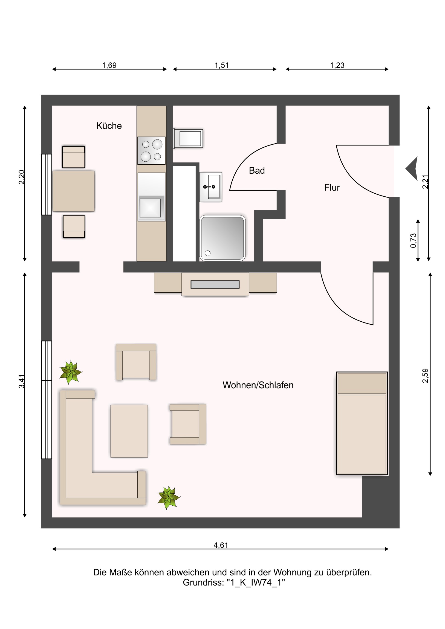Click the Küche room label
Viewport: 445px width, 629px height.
(109, 126)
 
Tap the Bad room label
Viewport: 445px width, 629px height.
(257, 170)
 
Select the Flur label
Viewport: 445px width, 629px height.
(332, 187)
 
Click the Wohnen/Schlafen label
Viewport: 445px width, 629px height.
(258, 385)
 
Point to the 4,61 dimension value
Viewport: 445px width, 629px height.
(221, 545)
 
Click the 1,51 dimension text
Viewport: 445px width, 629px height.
(221, 65)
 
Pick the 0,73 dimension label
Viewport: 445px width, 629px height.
(413, 241)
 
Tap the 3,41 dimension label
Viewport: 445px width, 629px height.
(21, 381)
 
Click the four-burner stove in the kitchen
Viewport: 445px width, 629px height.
(151, 151)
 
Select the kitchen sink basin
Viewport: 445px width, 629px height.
(150, 208)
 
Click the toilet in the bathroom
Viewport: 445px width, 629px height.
(188, 139)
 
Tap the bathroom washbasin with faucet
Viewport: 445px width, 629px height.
(210, 187)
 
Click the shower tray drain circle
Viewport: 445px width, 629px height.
(207, 253)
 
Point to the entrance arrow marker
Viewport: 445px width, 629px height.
(411, 169)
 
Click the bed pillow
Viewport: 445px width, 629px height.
(362, 383)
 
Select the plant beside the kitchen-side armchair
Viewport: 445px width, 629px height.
(71, 372)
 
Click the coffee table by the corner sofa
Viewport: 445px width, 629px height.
(129, 431)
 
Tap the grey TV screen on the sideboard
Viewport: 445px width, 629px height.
(215, 284)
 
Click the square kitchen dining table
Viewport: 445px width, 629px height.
(73, 191)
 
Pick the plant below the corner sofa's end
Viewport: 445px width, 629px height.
(169, 497)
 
